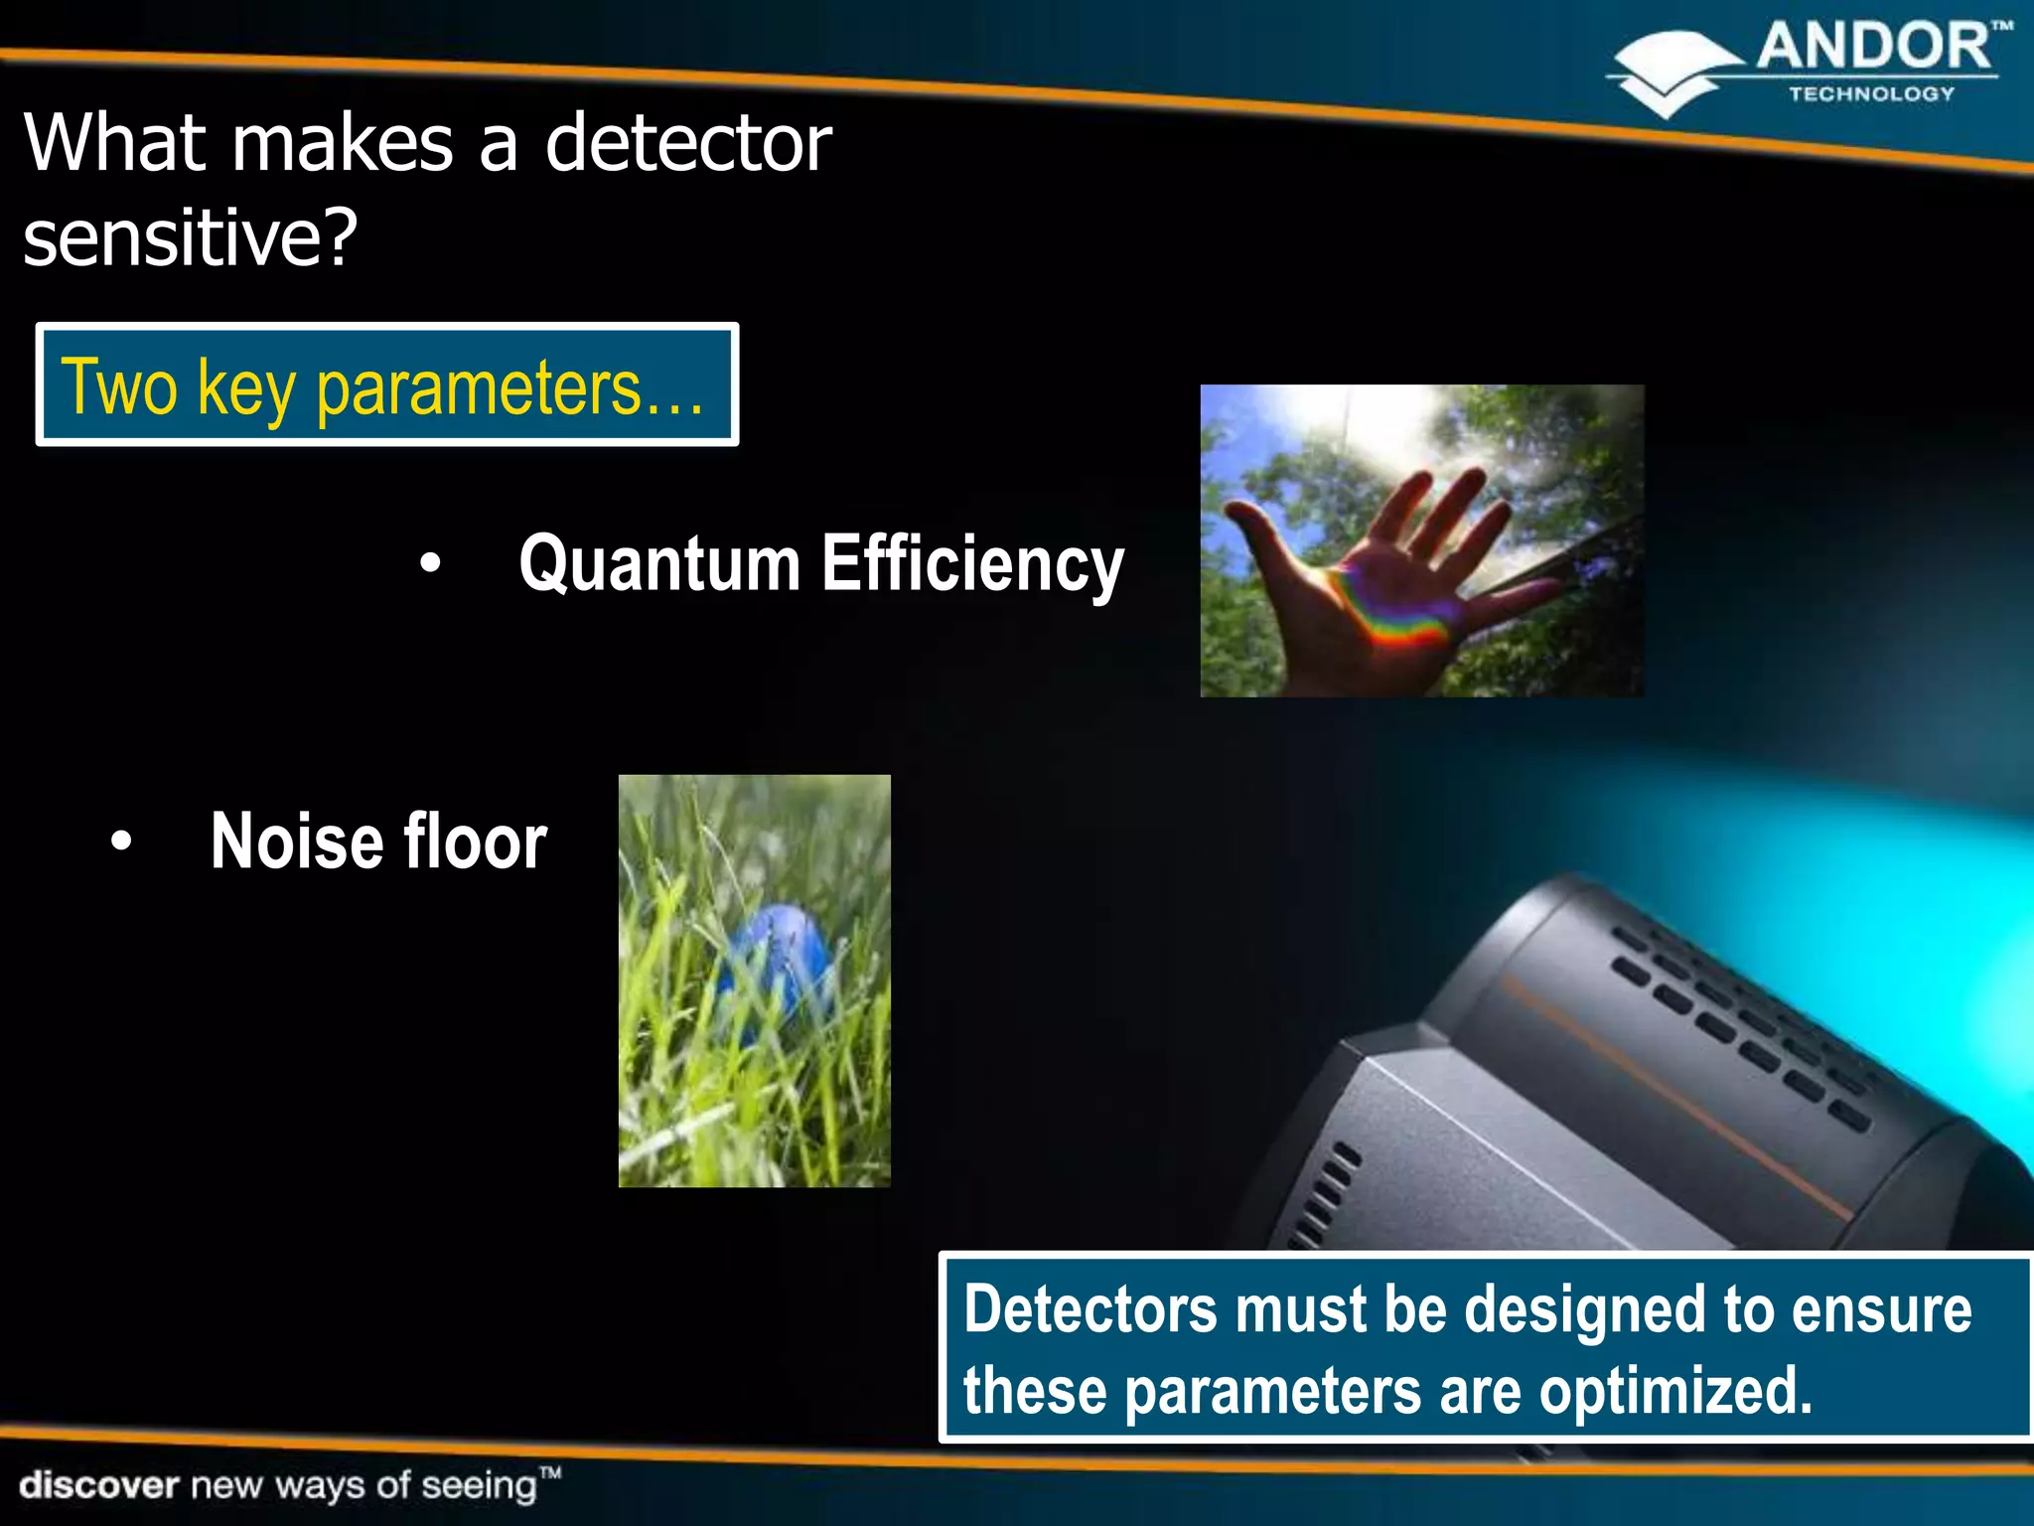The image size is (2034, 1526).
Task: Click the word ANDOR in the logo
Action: [x=1872, y=48]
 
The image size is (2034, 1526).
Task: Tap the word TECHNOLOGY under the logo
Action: [x=1871, y=94]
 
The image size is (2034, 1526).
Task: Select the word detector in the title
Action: [x=687, y=143]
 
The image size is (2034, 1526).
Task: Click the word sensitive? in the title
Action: [x=190, y=238]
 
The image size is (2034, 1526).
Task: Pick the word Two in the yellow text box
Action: [x=118, y=386]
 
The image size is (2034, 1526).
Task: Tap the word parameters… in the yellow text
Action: [x=509, y=388]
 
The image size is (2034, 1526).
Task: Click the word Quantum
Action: [x=659, y=563]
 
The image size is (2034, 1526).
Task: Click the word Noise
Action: [x=295, y=841]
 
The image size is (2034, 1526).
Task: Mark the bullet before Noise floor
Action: [x=120, y=841]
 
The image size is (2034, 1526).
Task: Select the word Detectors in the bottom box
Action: [x=1090, y=1308]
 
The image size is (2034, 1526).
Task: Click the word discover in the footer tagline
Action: [x=99, y=1485]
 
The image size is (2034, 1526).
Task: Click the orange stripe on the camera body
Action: [x=1669, y=1093]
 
